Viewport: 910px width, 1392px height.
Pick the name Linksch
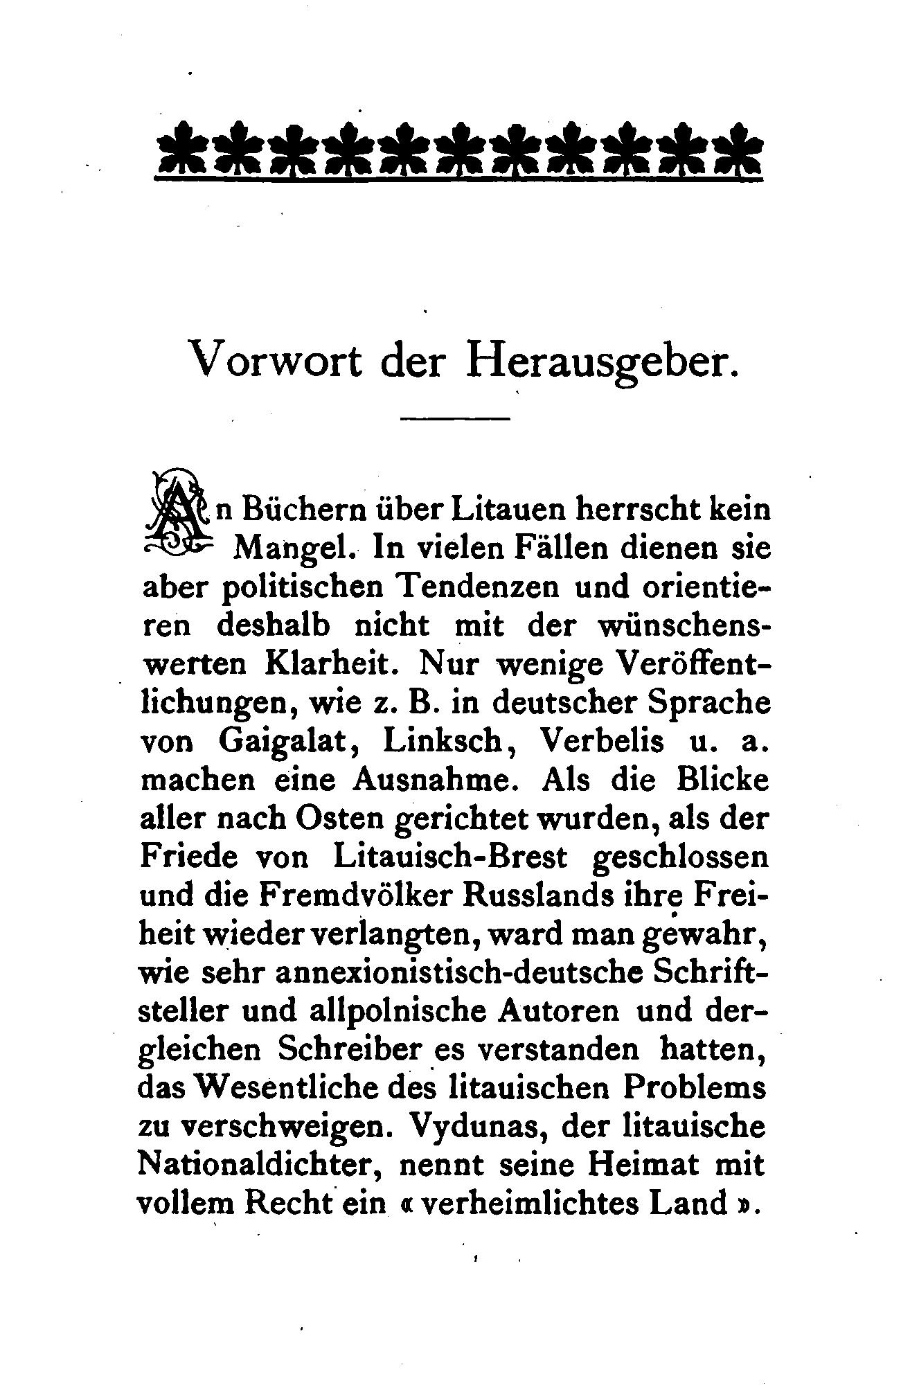[442, 742]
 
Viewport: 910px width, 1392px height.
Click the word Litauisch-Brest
[449, 857]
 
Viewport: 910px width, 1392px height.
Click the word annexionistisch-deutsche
[453, 974]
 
